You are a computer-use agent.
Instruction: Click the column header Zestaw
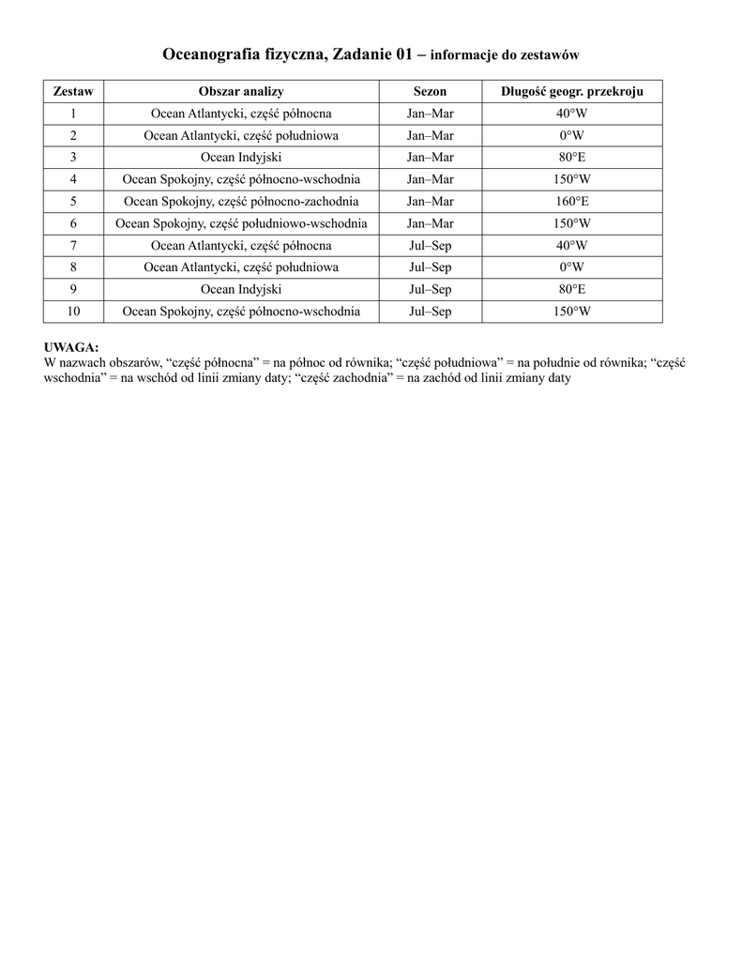[x=73, y=92]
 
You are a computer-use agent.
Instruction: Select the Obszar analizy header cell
[x=241, y=92]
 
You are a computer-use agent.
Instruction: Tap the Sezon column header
[x=430, y=92]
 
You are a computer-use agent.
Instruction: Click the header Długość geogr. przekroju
[x=572, y=92]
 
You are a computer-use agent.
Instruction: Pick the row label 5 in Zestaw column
[x=73, y=202]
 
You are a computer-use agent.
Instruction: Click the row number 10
[x=73, y=312]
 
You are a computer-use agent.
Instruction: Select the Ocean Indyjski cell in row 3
[x=241, y=158]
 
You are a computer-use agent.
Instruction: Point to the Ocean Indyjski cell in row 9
[x=241, y=289]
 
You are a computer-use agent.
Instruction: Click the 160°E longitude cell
[x=572, y=202]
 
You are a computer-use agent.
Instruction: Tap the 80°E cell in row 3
[x=572, y=158]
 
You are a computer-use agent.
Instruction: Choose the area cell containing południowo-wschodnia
[x=241, y=223]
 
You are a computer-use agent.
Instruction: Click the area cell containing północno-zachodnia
[x=241, y=202]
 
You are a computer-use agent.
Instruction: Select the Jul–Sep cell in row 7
[x=430, y=246]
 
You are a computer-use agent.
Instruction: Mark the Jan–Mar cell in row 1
[x=430, y=114]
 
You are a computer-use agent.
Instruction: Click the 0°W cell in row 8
[x=572, y=267]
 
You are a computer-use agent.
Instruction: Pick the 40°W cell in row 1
[x=572, y=114]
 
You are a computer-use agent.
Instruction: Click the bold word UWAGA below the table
[x=71, y=347]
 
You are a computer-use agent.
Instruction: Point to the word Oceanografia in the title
[x=213, y=55]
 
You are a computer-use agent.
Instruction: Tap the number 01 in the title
[x=403, y=55]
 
